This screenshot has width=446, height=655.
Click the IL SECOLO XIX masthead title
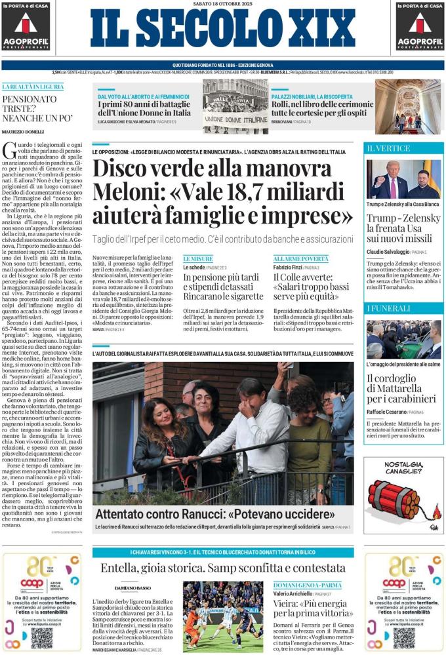click(223, 30)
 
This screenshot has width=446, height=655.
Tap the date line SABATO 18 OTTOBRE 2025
click(223, 4)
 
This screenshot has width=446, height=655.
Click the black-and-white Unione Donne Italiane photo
click(235, 107)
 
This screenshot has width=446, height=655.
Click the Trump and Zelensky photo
click(403, 179)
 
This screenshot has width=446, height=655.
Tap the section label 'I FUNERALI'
click(386, 308)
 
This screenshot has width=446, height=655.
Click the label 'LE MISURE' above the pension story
click(197, 259)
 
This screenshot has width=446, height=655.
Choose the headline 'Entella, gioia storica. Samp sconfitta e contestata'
click(223, 568)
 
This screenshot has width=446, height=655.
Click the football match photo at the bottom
click(223, 616)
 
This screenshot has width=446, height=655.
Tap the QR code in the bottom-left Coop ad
click(41, 637)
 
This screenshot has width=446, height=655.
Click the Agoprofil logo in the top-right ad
click(420, 26)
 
